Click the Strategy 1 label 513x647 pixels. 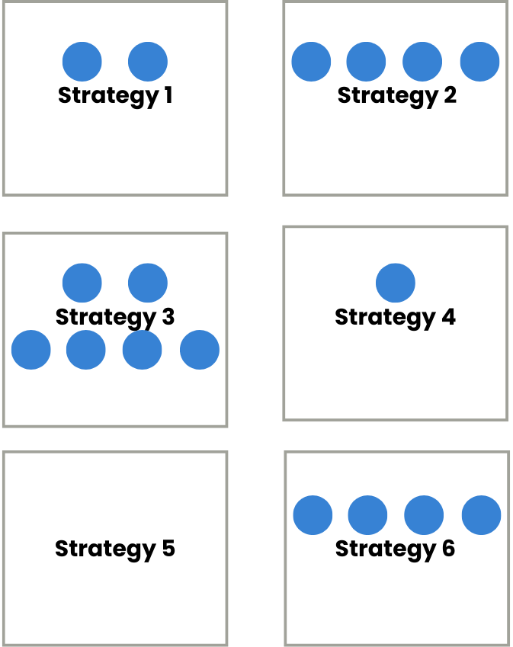pyautogui.click(x=115, y=96)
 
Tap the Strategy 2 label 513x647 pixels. pyautogui.click(x=396, y=96)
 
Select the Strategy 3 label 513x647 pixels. pyautogui.click(x=115, y=317)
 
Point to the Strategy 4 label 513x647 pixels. pyautogui.click(x=395, y=317)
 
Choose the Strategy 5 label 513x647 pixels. pyautogui.click(x=115, y=549)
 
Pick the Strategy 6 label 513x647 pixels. pyautogui.click(x=395, y=549)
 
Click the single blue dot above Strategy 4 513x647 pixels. pyautogui.click(x=396, y=283)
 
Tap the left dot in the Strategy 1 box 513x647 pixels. pyautogui.click(x=82, y=62)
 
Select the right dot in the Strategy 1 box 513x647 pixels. pyautogui.click(x=148, y=62)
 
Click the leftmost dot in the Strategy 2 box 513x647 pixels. pyautogui.click(x=311, y=62)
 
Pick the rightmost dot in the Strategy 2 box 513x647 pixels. pyautogui.click(x=480, y=62)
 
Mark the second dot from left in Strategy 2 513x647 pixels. pyautogui.click(x=367, y=62)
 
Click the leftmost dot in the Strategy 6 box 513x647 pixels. pyautogui.click(x=313, y=515)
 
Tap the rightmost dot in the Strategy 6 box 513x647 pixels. pyautogui.click(x=482, y=515)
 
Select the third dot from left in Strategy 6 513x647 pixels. pyautogui.click(x=424, y=515)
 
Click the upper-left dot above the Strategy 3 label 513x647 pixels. pyautogui.click(x=82, y=283)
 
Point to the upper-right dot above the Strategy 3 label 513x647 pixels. pyautogui.click(x=148, y=283)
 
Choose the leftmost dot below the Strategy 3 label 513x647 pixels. pyautogui.click(x=31, y=350)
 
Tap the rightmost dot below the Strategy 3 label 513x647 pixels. pyautogui.click(x=200, y=350)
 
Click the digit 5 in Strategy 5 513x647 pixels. pyautogui.click(x=168, y=549)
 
